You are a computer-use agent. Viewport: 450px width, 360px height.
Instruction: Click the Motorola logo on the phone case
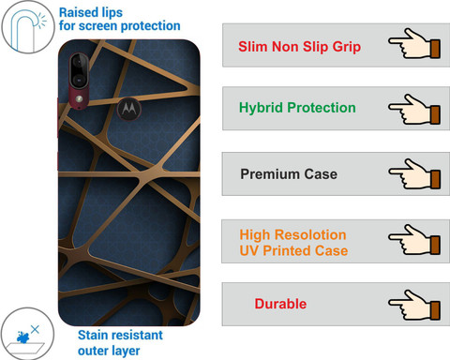[129, 109]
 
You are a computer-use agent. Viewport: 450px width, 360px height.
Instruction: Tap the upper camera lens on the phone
[79, 62]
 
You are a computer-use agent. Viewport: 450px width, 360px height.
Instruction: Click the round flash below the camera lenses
[79, 98]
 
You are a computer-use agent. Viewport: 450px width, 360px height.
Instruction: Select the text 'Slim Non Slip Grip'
[299, 47]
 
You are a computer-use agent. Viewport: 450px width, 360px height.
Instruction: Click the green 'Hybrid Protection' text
[297, 108]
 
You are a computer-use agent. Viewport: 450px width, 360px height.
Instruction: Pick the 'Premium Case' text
[289, 174]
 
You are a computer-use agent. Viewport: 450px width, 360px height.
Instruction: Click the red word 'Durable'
[280, 304]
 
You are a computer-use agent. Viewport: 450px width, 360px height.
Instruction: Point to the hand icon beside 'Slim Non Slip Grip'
[414, 44]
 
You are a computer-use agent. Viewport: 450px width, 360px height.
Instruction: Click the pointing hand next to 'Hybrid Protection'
[414, 110]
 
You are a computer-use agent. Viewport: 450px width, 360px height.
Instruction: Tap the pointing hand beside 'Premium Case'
[414, 174]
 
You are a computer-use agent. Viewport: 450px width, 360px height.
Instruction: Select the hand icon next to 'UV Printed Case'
[414, 239]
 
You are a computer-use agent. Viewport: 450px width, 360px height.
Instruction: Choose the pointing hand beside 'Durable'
[414, 305]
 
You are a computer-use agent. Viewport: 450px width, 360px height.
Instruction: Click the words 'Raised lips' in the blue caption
[91, 13]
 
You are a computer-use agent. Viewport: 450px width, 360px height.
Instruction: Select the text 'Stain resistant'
[120, 335]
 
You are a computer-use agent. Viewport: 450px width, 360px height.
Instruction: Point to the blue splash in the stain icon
[23, 337]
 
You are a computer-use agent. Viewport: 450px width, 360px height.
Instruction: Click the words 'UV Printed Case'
[293, 250]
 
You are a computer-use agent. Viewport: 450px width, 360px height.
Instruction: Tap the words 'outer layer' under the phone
[109, 351]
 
